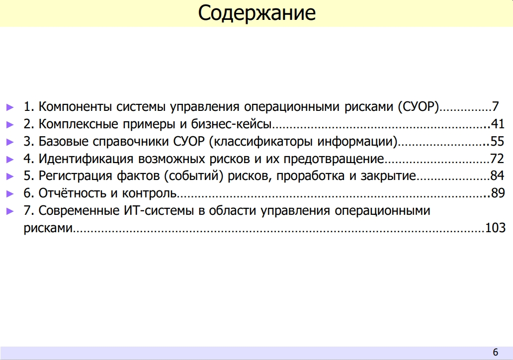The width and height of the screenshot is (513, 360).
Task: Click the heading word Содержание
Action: click(x=257, y=13)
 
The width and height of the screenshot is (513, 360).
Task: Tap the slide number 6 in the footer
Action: click(x=495, y=352)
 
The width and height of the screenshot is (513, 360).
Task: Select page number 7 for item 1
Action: click(x=495, y=107)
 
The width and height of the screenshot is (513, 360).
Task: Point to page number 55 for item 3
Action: click(x=498, y=141)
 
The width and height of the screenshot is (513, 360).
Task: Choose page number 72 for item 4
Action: click(x=497, y=159)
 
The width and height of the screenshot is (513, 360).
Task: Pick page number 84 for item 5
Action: click(x=497, y=176)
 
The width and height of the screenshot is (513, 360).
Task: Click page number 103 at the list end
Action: click(x=495, y=228)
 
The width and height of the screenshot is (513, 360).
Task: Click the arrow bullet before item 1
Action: click(x=10, y=107)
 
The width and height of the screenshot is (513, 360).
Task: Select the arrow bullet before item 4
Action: click(x=10, y=160)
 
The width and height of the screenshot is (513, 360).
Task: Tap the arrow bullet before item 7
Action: click(x=10, y=211)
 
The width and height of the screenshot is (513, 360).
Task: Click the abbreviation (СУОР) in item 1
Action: click(x=419, y=107)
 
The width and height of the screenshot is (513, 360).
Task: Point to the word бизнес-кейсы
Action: click(x=231, y=124)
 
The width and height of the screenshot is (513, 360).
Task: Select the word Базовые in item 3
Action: click(x=64, y=141)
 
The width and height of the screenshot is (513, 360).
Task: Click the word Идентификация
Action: click(x=85, y=159)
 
